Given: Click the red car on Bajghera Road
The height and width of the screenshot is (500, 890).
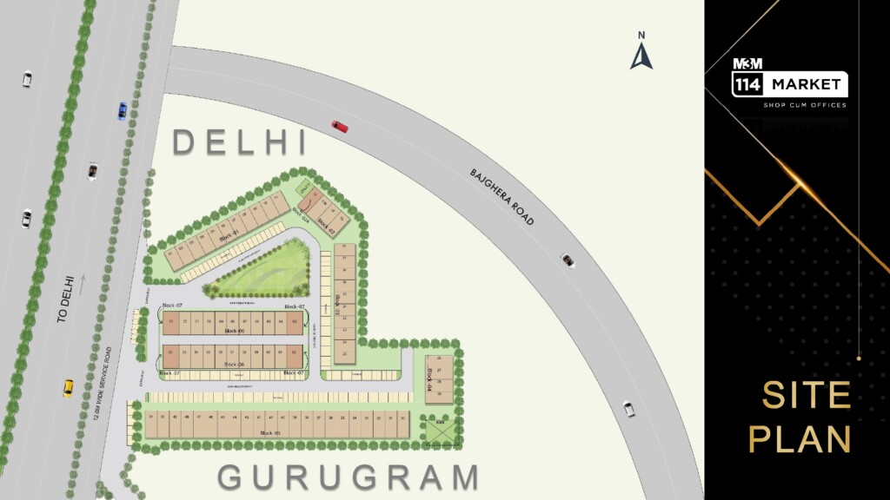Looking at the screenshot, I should (340, 127).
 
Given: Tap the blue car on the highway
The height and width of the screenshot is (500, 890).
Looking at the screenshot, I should (123, 111).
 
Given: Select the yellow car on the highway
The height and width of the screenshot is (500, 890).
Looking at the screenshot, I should (68, 387).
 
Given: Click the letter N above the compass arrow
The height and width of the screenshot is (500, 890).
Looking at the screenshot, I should (641, 36).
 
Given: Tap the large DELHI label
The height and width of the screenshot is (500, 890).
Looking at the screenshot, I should (240, 142).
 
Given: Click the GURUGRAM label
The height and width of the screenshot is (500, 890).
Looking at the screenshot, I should (348, 477).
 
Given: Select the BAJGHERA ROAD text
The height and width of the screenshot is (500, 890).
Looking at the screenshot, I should (501, 198).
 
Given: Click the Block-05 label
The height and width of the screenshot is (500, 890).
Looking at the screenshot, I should (271, 432).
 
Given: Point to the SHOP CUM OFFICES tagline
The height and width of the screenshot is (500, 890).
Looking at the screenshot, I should (804, 105).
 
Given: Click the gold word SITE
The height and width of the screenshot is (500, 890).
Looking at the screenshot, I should (806, 395).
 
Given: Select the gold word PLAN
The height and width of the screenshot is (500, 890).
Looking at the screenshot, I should (800, 439).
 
